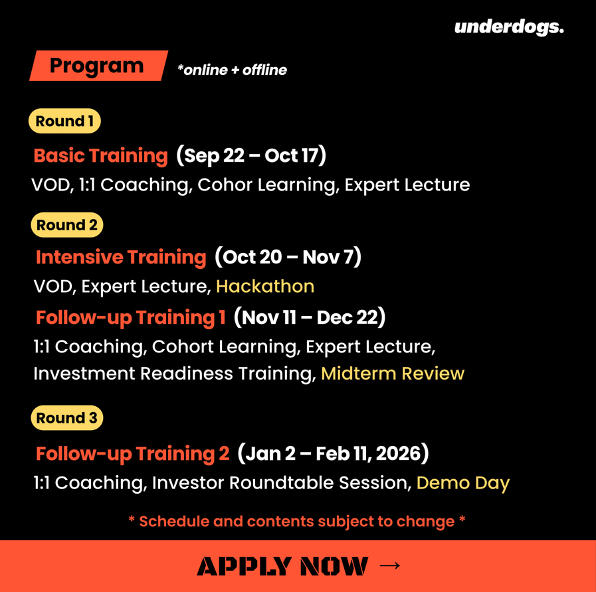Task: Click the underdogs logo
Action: [509, 27]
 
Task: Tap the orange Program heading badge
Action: [98, 66]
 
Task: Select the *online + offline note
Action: [232, 70]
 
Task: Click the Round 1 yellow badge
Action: [64, 121]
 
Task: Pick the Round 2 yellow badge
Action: [67, 225]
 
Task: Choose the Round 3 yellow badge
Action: [67, 417]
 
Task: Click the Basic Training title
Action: [101, 155]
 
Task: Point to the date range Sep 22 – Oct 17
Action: [251, 155]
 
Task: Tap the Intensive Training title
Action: [121, 257]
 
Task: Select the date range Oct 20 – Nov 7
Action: [288, 257]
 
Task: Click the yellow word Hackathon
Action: [265, 286]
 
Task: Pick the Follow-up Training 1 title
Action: [131, 317]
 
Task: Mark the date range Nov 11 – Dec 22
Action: [310, 317]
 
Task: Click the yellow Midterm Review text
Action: [393, 373]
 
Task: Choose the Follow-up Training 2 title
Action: [133, 453]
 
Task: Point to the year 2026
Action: [399, 453]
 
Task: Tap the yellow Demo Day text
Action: [463, 483]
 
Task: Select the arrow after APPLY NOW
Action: [389, 565]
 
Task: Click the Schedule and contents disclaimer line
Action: [297, 522]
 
